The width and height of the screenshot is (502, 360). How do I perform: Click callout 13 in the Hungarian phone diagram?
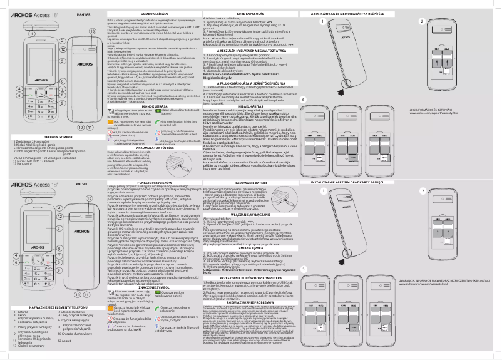click(91, 31)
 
